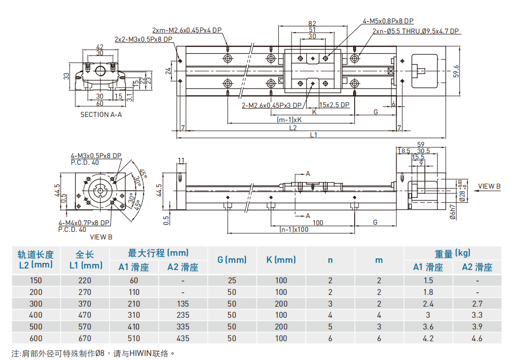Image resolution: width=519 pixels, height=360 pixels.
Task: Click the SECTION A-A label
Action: [101, 114]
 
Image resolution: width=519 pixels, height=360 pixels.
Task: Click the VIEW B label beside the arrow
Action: [489, 186]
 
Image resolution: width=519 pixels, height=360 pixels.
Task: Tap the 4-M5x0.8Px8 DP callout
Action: [388, 21]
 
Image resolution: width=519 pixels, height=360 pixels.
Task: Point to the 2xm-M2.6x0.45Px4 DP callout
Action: [187, 29]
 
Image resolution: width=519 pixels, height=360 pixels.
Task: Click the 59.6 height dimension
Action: [456, 71]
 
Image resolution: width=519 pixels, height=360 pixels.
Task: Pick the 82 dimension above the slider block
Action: [312, 23]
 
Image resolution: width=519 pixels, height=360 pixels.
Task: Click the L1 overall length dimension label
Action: [313, 135]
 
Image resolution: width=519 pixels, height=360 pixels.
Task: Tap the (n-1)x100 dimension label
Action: [294, 229]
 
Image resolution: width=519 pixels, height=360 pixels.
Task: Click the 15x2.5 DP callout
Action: [334, 105]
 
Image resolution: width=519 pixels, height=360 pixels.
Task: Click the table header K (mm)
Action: [281, 259]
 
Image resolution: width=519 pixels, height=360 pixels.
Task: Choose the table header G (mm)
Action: [232, 259]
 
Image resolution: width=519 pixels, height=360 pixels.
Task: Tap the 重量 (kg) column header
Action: [452, 253]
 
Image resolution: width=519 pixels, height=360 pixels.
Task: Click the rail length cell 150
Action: [36, 280]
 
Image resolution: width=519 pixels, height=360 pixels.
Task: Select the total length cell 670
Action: [85, 338]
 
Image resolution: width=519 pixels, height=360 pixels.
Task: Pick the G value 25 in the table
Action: [232, 280]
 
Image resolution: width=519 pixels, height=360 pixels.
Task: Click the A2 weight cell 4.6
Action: [477, 338]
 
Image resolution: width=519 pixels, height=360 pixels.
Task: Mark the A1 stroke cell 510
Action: [134, 338]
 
